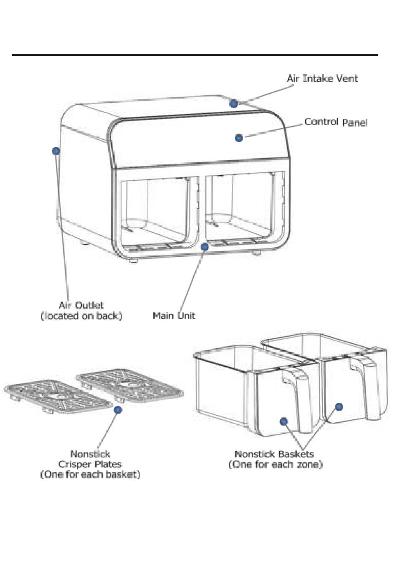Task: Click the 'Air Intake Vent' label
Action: pyautogui.click(x=322, y=78)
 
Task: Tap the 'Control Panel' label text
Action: pyautogui.click(x=336, y=122)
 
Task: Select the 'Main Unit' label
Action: pyautogui.click(x=174, y=316)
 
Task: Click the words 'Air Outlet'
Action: pyautogui.click(x=81, y=306)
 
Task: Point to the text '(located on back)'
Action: pyautogui.click(x=81, y=316)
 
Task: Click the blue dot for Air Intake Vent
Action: pyautogui.click(x=234, y=104)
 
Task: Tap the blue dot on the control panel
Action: pyautogui.click(x=239, y=137)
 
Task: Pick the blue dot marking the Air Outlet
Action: pyautogui.click(x=56, y=151)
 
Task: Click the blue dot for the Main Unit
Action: pyautogui.click(x=205, y=247)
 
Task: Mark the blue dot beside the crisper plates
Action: pyautogui.click(x=118, y=410)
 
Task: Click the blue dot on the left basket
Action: pyautogui.click(x=284, y=421)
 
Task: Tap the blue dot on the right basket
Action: pyautogui.click(x=339, y=407)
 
